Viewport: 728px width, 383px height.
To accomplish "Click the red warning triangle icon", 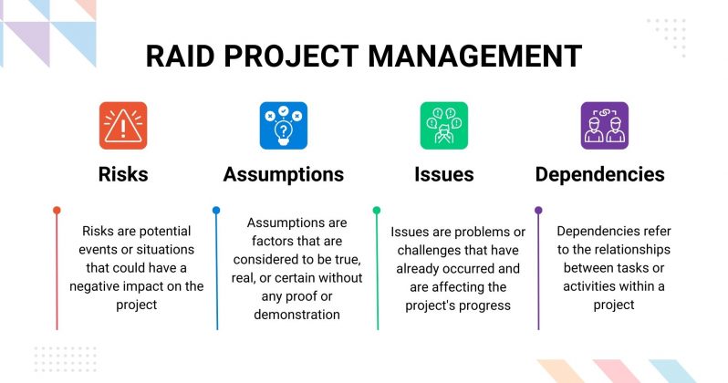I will tap(122, 126).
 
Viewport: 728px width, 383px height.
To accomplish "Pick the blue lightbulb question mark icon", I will tap(283, 126).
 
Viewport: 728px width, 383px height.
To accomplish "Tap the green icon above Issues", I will tap(443, 126).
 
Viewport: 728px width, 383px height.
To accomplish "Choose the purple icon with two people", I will tap(604, 126).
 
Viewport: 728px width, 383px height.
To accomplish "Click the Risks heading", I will tap(122, 174).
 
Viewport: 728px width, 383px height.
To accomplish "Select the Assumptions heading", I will tap(284, 174).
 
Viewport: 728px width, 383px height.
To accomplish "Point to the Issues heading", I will tap(444, 174).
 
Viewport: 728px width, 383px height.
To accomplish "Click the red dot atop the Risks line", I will tap(57, 211).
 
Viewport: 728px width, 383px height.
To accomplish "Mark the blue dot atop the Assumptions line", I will tap(216, 211).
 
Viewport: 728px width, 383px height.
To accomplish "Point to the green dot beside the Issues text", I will tap(377, 211).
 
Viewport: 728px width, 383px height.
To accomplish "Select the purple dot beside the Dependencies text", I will tap(538, 211).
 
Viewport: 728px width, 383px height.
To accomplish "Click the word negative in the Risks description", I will tap(99, 286).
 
